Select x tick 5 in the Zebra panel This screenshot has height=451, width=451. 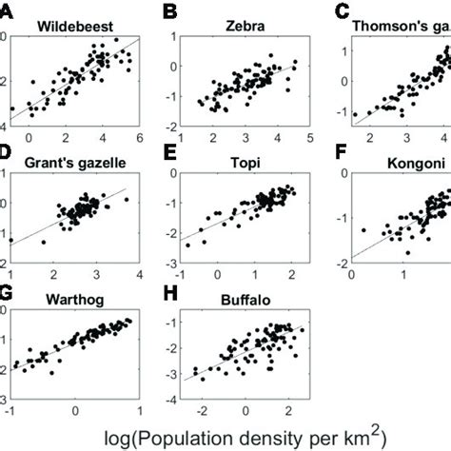click(309, 138)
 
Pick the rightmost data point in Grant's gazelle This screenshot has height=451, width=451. click(127, 198)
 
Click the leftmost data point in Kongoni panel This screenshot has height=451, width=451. click(363, 228)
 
